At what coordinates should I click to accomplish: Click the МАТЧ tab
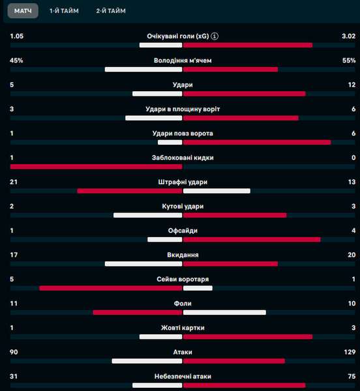point(23,11)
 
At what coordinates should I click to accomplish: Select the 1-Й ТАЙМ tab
point(64,11)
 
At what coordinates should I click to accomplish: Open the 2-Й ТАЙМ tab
point(111,11)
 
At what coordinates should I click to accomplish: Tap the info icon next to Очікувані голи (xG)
point(215,36)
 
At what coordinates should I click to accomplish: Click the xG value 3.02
point(348,36)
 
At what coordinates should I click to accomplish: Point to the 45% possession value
point(16,61)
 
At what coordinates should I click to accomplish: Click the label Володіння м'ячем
point(183,61)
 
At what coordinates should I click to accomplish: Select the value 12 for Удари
point(352,85)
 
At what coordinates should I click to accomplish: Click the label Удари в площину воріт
point(183,109)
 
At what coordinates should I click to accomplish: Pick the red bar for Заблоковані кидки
point(97,167)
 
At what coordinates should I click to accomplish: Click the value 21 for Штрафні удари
point(14,182)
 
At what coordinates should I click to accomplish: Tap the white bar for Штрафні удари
point(217,191)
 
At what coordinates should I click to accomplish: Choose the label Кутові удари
point(183,206)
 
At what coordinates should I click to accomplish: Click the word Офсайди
point(183,231)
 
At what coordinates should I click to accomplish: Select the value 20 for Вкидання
point(352,255)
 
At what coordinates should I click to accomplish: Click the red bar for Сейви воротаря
point(111,288)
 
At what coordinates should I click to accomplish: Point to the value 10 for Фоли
point(352,304)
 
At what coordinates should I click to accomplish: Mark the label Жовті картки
point(183,328)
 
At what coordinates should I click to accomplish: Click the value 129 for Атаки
point(350,352)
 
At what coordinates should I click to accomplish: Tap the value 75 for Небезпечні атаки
point(352,376)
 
